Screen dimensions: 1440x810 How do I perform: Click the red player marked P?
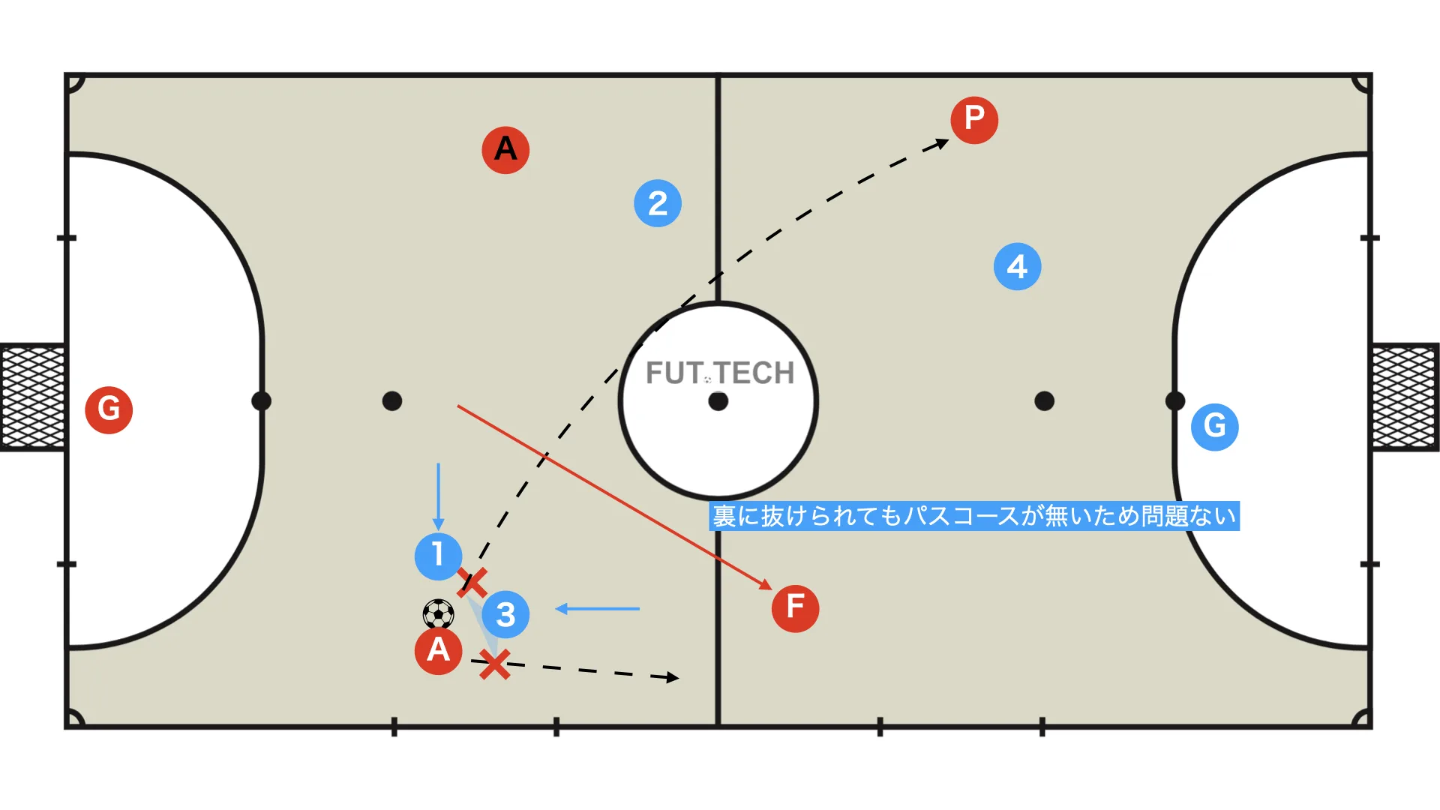pos(974,119)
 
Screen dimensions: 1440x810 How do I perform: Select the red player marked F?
pos(795,608)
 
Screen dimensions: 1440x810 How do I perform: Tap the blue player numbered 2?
pos(658,203)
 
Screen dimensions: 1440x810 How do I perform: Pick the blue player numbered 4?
pos(1017,266)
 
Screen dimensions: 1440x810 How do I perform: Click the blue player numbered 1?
pos(438,556)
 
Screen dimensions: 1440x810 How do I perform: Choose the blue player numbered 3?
pos(505,614)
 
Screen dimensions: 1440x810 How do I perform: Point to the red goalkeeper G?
pos(109,409)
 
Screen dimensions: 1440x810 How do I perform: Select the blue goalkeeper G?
pos(1215,427)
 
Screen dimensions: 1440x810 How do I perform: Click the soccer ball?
pos(438,613)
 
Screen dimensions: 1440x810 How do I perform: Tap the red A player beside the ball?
pos(438,650)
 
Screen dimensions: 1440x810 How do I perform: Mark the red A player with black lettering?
pos(505,150)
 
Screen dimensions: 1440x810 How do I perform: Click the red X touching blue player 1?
pos(472,582)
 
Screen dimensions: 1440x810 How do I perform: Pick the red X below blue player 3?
pos(495,664)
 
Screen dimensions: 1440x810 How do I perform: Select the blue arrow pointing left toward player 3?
pos(597,609)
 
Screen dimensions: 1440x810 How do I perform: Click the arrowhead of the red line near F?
pos(766,584)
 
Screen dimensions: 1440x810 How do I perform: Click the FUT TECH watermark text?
pos(720,373)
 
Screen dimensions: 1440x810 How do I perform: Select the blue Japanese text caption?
pos(974,516)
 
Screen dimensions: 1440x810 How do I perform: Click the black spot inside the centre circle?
pos(718,401)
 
